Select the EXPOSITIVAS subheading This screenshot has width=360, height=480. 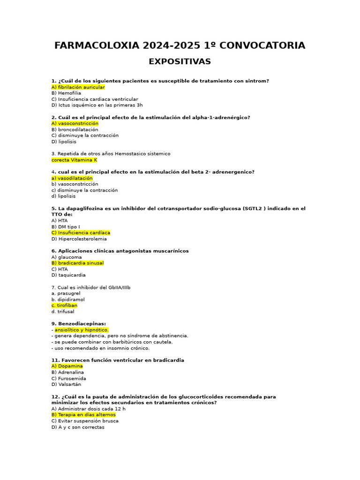pos(180,61)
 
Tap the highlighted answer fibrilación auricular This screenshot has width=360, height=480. pos(78,87)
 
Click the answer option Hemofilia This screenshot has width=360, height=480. pos(66,93)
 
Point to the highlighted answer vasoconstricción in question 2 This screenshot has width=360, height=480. pos(75,124)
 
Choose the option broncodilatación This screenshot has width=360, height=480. pos(75,130)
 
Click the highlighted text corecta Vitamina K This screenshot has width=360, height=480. pos(74,160)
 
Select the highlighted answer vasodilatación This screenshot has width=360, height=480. pos(72,178)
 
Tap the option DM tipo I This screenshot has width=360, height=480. pos(66,227)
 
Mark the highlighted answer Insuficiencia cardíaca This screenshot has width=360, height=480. pos(81,233)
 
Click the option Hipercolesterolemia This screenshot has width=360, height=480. pos(79,239)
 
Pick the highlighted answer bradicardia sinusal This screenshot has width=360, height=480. pos(77,263)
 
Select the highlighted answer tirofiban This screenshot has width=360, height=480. pos(64,306)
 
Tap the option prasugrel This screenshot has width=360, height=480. pos(66,293)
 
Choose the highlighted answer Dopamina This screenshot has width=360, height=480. pos(67,366)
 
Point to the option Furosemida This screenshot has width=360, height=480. pos(69,378)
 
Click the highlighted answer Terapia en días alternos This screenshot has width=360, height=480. pos(83,415)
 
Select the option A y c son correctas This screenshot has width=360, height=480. pos(78,427)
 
